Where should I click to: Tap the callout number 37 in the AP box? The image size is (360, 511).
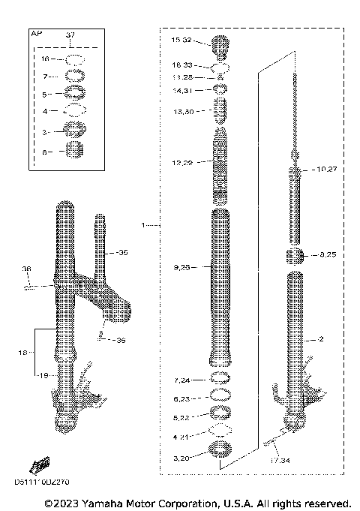pos(70,35)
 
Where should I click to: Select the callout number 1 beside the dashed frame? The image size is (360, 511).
pos(142,224)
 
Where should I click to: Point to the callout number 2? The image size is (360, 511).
pos(321,339)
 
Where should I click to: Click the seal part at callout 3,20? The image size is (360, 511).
pos(220,452)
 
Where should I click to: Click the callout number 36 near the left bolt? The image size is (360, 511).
pos(26,269)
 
